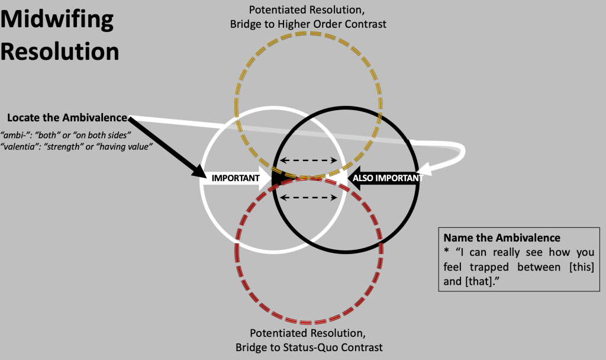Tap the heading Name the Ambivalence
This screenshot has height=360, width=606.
502,237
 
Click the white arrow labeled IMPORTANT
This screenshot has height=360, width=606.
236,178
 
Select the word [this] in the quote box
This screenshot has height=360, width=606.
581,266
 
